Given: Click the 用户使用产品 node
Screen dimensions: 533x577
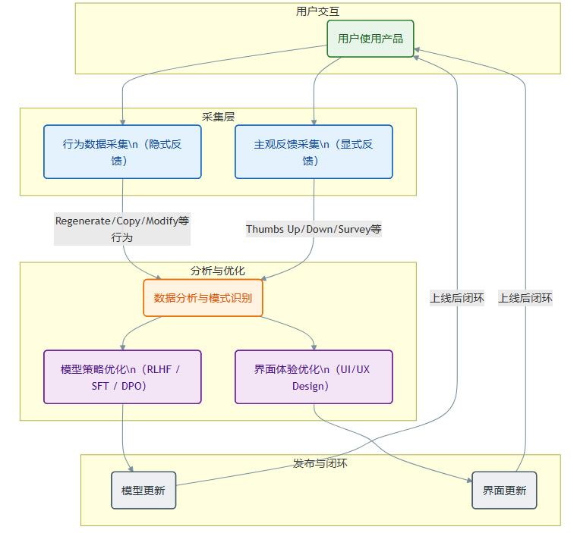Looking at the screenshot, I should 370,39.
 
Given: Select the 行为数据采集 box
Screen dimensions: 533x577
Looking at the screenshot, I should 122,152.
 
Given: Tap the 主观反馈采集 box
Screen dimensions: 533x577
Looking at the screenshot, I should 314,152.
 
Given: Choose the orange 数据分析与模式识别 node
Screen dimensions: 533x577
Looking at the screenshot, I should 203,298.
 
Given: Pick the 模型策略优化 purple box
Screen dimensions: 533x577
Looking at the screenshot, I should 122,377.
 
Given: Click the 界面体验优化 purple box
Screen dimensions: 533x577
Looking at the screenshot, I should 314,377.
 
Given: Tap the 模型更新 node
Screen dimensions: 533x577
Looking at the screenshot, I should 143,491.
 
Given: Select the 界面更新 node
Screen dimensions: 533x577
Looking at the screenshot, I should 504,491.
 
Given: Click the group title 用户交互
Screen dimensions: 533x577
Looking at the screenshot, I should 317,11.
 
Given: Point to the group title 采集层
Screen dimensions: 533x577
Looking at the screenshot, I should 218,116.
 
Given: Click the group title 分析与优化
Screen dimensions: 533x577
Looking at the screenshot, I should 218,271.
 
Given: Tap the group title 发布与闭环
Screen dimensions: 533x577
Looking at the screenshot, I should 320,463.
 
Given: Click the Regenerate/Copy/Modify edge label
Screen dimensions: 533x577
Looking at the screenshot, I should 122,229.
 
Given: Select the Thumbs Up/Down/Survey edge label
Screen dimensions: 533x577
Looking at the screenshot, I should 314,229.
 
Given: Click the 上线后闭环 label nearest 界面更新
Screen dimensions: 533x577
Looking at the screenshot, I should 525,298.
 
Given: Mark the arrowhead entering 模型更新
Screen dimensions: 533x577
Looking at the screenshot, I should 131,468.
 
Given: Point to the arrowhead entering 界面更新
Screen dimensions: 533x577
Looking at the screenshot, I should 468,479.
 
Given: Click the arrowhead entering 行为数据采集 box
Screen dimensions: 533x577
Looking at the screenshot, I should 122,121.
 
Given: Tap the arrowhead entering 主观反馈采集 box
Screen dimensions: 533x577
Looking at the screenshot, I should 314,121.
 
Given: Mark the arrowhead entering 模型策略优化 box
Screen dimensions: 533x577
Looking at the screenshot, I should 122,346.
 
